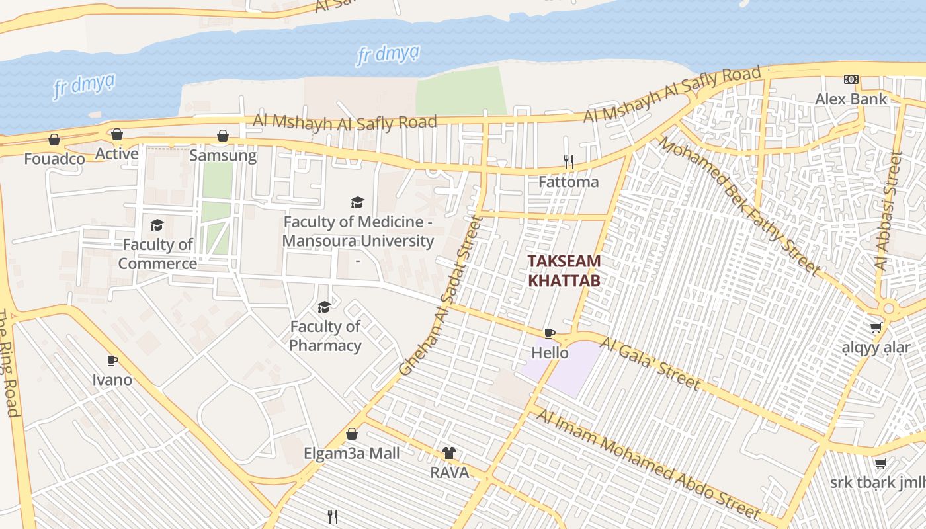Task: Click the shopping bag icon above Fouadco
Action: [x=54, y=140]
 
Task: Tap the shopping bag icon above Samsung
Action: [x=223, y=136]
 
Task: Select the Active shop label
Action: [x=116, y=154]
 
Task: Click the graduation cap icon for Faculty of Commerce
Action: [x=157, y=225]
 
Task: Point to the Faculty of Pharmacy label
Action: [x=325, y=336]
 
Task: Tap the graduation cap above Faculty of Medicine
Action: [x=357, y=202]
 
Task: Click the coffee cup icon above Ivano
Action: [x=112, y=360]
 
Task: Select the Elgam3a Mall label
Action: [x=352, y=454]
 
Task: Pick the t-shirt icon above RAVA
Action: [x=449, y=453]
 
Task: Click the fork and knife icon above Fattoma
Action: [x=568, y=161]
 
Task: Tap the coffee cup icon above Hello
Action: [x=550, y=333]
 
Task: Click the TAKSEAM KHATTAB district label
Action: [x=564, y=270]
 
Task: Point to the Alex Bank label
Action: [x=851, y=99]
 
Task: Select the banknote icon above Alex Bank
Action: [x=851, y=79]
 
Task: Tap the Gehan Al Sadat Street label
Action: [x=439, y=296]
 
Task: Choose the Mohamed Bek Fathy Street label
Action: [x=738, y=207]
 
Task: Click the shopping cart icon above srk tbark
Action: [x=880, y=463]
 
